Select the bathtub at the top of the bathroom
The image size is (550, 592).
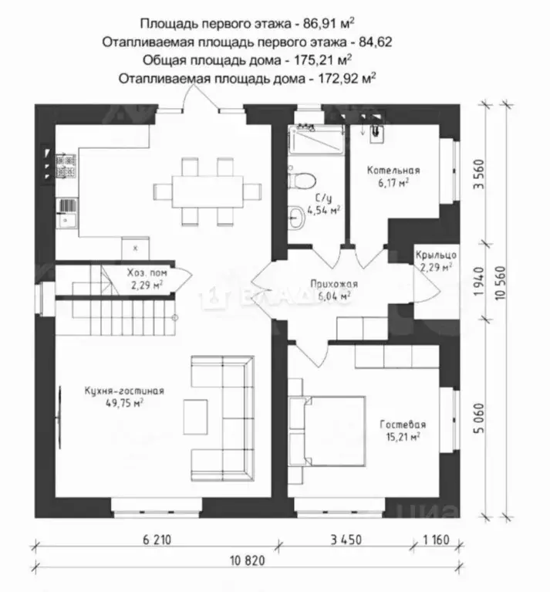pos(315,140)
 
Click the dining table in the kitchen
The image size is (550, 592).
pos(208,191)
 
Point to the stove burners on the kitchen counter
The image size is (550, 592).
pos(66,166)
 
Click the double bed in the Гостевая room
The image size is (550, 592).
pos(326,431)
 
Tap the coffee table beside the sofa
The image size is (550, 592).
pos(195,417)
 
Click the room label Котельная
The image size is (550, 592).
pos(393,171)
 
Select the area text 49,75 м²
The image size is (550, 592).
pos(124,403)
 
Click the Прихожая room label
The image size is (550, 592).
pos(334,283)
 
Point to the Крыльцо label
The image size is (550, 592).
pos(436,255)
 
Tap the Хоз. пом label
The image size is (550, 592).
pos(147,272)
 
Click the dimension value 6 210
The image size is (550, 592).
pos(157,540)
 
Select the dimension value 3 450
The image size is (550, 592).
pos(346,540)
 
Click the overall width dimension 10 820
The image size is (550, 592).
pos(248,560)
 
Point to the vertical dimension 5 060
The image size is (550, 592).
pos(478,418)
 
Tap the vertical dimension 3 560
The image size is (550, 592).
pos(478,174)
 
